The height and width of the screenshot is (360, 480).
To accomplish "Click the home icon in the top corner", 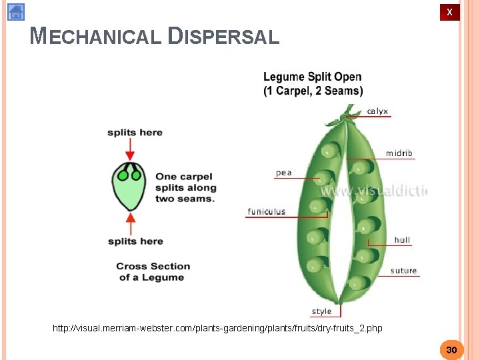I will [16, 12].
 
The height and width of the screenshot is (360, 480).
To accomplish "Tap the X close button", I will [449, 12].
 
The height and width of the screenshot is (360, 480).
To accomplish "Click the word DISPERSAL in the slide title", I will [224, 36].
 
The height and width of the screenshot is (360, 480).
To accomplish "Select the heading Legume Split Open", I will [312, 77].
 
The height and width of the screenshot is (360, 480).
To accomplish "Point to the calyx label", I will [377, 111].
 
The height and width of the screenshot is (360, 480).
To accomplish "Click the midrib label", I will [399, 153].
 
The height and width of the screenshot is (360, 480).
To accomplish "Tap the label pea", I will [283, 173].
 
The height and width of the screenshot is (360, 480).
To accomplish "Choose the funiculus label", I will [267, 211].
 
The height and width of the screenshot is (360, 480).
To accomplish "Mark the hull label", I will [402, 240].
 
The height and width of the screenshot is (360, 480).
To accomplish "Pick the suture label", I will [403, 271].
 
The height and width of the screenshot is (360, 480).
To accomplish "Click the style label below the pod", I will [321, 311].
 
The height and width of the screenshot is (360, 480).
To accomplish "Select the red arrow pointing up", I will [131, 222].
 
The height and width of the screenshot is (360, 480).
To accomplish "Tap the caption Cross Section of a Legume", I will [153, 271].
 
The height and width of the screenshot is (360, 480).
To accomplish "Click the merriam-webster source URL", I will [217, 328].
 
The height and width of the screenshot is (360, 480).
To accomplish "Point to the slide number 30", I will [451, 350].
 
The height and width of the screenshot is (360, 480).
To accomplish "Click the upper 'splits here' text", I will [135, 133].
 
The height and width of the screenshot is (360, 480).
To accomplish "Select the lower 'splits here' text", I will [135, 241].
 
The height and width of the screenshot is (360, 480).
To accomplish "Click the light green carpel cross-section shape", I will [130, 190].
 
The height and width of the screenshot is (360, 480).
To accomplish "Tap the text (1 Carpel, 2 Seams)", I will [313, 91].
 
